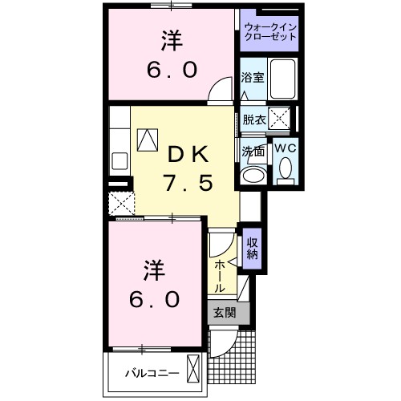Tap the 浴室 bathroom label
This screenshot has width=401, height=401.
point(253,78)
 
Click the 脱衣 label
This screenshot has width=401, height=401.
point(253,119)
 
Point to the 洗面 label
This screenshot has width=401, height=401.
point(253,150)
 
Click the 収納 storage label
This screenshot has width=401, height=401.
point(252,249)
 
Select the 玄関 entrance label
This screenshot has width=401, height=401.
point(224,314)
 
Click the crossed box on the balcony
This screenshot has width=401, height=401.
point(193,370)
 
